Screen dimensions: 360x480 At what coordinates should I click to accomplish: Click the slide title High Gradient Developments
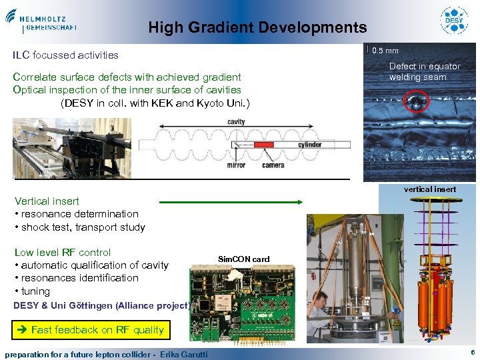[257, 27]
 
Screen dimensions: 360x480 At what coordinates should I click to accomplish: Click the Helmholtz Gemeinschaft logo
[41, 20]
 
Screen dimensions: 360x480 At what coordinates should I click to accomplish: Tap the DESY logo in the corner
[454, 20]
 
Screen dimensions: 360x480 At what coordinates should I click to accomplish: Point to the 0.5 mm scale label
[385, 51]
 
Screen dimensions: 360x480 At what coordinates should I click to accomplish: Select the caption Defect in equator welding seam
[425, 71]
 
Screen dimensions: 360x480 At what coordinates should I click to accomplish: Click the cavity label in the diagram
[236, 122]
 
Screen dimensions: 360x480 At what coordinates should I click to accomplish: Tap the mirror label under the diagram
[236, 165]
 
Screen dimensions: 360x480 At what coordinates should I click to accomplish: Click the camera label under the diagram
[273, 165]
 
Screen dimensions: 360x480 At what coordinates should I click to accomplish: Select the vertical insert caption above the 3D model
[430, 189]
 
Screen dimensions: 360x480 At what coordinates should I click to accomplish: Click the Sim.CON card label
[243, 259]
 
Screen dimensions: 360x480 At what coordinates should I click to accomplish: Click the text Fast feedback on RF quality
[97, 329]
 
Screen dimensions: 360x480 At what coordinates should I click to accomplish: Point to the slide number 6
[472, 352]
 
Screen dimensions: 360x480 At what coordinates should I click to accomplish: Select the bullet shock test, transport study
[80, 227]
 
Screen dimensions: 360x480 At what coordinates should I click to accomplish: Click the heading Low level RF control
[63, 252]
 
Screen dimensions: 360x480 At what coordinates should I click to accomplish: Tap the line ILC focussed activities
[66, 55]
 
